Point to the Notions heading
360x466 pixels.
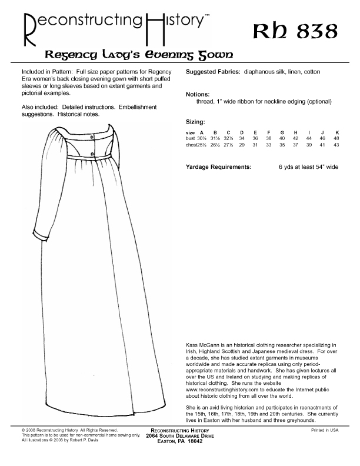pos(197,94)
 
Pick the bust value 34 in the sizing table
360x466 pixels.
pos(241,138)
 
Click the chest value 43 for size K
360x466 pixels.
pos(336,144)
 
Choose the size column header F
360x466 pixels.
pos(268,132)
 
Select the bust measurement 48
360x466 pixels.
pos(336,138)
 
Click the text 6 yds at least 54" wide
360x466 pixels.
pos(308,167)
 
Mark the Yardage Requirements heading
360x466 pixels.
pos(218,167)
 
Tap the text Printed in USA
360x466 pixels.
pos(325,430)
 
